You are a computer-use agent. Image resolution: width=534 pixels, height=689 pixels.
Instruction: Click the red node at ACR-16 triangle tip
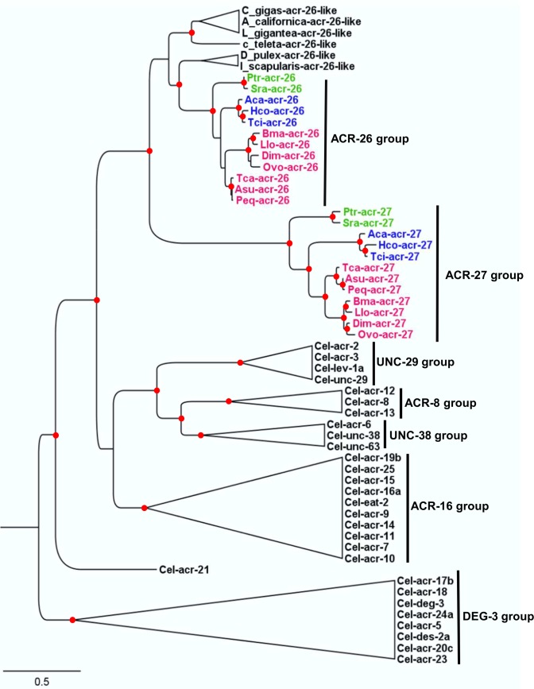click(144, 508)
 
